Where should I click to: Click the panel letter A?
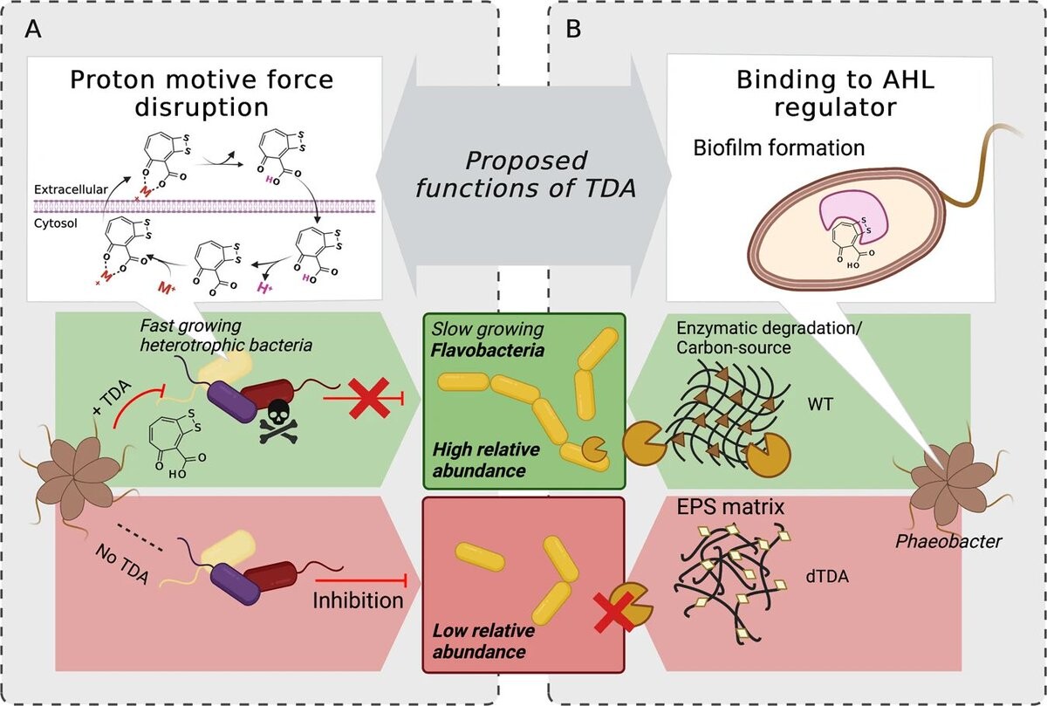[x=33, y=29]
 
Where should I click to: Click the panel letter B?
[x=574, y=29]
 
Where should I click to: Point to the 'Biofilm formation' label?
[x=779, y=148]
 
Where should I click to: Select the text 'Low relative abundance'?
[x=482, y=640]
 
